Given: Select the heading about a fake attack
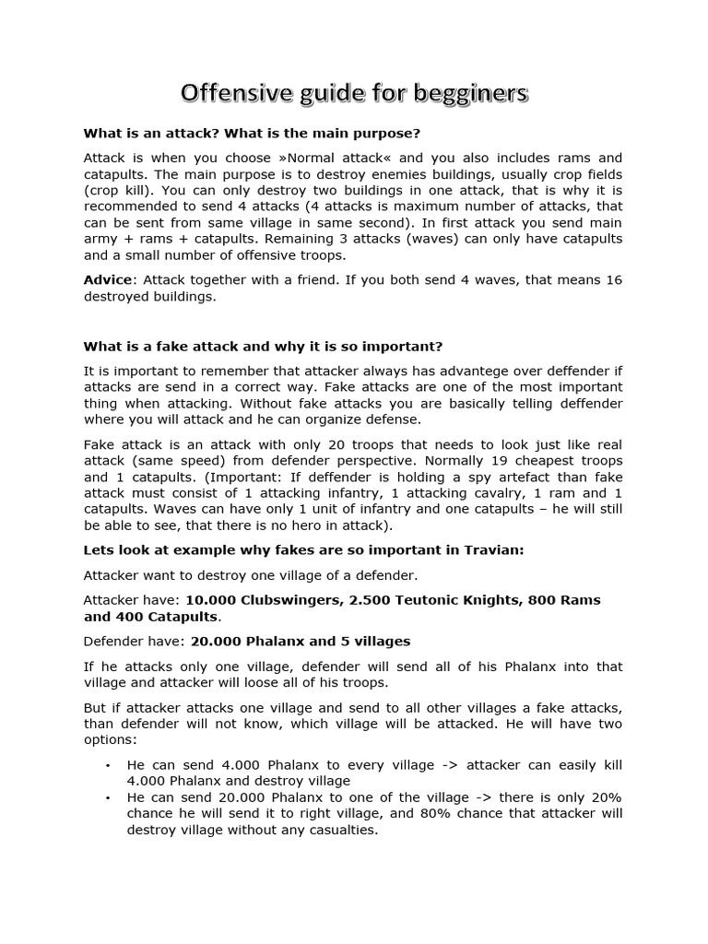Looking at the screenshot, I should click(x=263, y=346).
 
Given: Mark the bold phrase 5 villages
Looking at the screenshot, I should click(x=370, y=641).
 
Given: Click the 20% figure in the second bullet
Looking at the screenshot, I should click(x=603, y=796).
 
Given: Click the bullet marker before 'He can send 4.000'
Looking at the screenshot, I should click(x=108, y=765).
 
